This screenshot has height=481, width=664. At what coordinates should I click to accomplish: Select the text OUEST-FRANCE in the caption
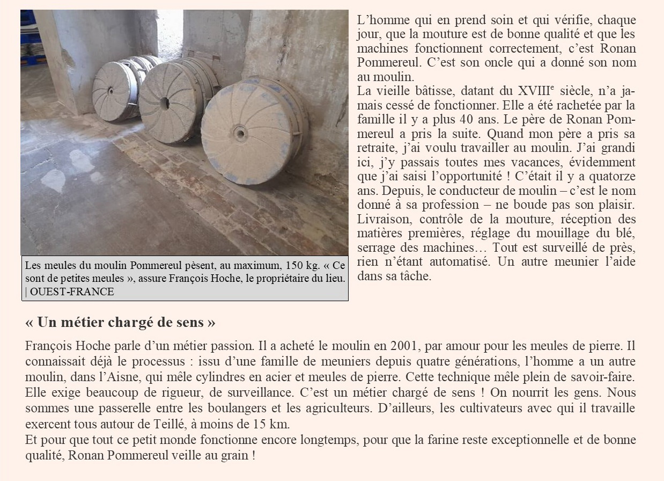pos(72,292)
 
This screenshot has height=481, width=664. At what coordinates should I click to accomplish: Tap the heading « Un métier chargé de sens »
pos(120,323)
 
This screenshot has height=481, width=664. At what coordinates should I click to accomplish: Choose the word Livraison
pos(383,219)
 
